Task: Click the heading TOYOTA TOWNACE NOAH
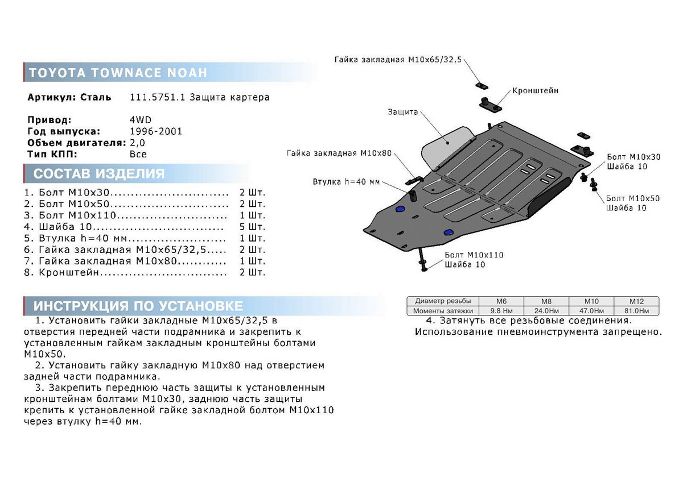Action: click(x=118, y=73)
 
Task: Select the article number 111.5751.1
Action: click(x=157, y=97)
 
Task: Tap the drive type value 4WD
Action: click(x=140, y=120)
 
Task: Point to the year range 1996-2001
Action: click(x=156, y=131)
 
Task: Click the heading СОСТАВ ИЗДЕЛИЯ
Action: click(x=99, y=173)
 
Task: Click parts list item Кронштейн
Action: click(x=69, y=272)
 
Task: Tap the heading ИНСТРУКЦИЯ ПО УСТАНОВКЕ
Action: click(x=138, y=306)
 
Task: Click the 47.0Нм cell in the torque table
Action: click(x=591, y=311)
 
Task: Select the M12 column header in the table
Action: click(x=636, y=301)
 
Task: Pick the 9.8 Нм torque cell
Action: click(x=501, y=311)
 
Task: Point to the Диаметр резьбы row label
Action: click(x=443, y=301)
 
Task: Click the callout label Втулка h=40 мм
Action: click(x=346, y=182)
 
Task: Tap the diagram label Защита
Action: click(x=403, y=113)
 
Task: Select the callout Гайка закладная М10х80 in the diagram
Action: click(x=339, y=153)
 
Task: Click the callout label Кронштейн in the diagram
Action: click(x=535, y=91)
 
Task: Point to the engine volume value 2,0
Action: click(x=138, y=143)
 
